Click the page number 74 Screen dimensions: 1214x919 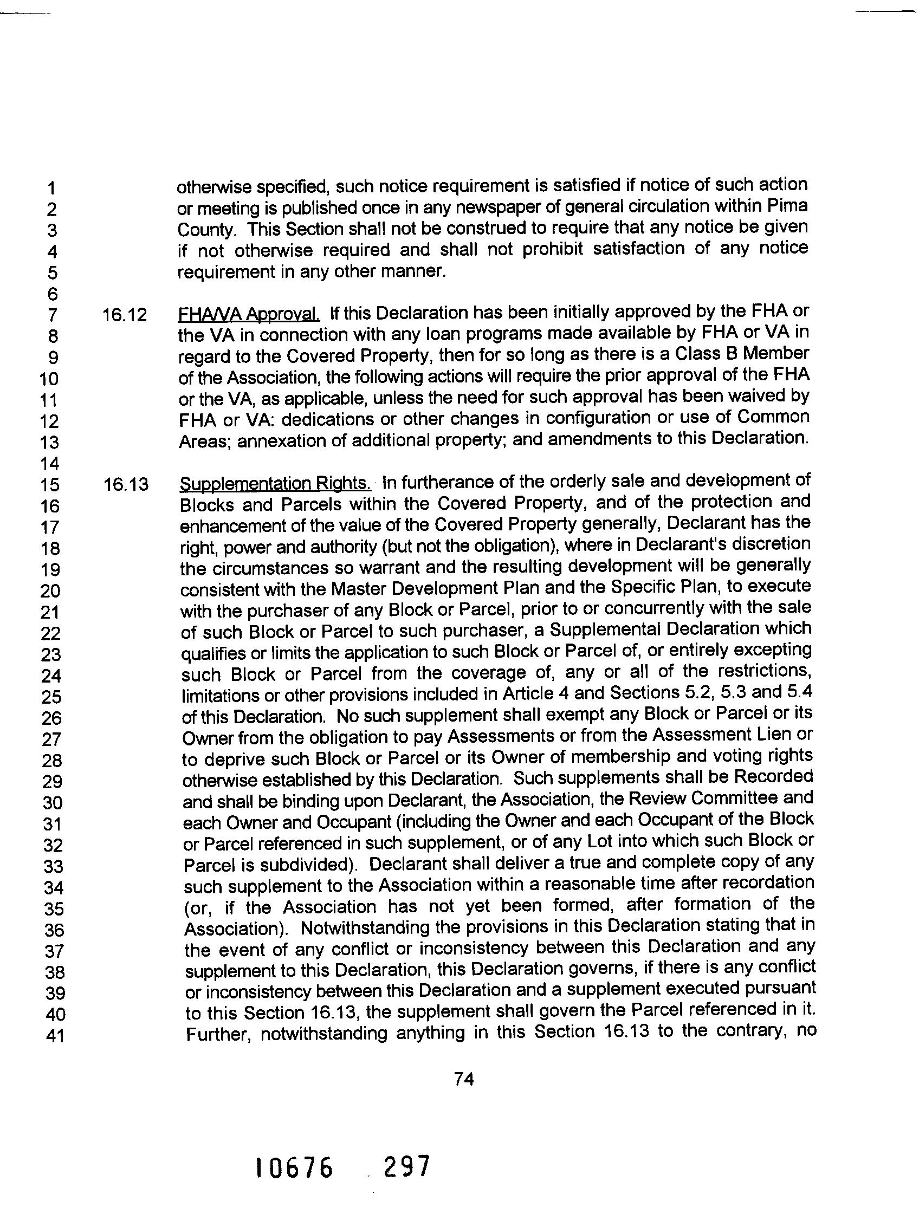click(x=464, y=1079)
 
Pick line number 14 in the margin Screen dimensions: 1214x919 click(x=50, y=464)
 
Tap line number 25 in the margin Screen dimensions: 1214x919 click(x=51, y=697)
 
